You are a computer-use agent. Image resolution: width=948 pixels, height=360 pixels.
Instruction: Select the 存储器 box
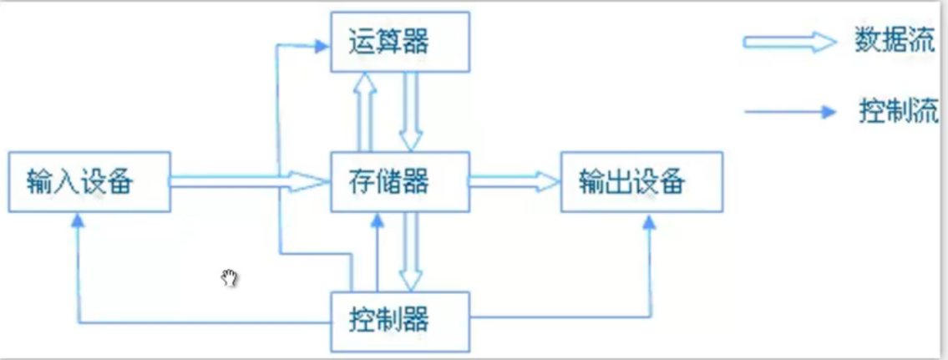pyautogui.click(x=399, y=180)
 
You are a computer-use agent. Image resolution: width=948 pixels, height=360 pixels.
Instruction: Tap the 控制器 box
pyautogui.click(x=399, y=320)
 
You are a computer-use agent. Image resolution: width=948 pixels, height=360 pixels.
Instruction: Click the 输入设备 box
pyautogui.click(x=89, y=181)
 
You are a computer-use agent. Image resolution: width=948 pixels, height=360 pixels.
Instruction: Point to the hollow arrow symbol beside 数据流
pyautogui.click(x=788, y=43)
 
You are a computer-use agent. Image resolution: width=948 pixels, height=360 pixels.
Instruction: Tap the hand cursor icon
pyautogui.click(x=230, y=278)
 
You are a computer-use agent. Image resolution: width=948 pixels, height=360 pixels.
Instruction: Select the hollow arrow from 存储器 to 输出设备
pyautogui.click(x=513, y=180)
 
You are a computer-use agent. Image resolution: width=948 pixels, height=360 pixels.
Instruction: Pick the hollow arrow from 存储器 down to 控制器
pyautogui.click(x=411, y=251)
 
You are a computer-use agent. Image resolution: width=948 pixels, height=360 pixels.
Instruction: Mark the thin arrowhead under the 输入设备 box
pyautogui.click(x=78, y=218)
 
